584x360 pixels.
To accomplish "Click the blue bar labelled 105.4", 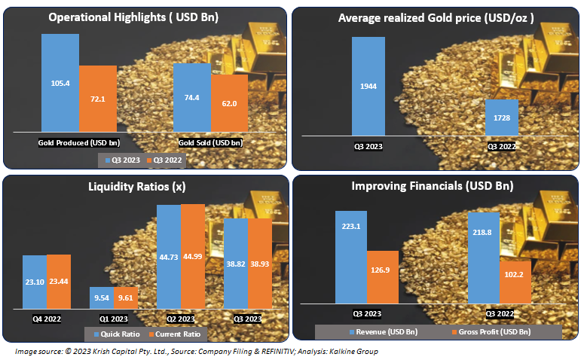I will pyautogui.click(x=60, y=84).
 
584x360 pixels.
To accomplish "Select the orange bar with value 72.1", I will pyautogui.click(x=98, y=99).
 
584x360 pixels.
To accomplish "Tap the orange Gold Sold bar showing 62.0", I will pyautogui.click(x=229, y=105).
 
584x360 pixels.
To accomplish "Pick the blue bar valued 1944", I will pyautogui.click(x=368, y=86).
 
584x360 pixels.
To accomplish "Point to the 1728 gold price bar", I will pyautogui.click(x=501, y=119).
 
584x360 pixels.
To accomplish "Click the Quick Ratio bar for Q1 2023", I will pyautogui.click(x=101, y=298).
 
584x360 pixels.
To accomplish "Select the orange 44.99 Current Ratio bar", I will pyautogui.click(x=192, y=256).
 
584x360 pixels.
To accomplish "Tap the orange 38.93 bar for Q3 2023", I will pyautogui.click(x=260, y=264).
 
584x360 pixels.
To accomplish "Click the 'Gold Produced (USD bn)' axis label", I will pyautogui.click(x=79, y=142).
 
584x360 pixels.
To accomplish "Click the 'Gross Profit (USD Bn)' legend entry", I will pyautogui.click(x=490, y=331).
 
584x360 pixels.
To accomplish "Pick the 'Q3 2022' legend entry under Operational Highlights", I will pyautogui.click(x=164, y=160).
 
